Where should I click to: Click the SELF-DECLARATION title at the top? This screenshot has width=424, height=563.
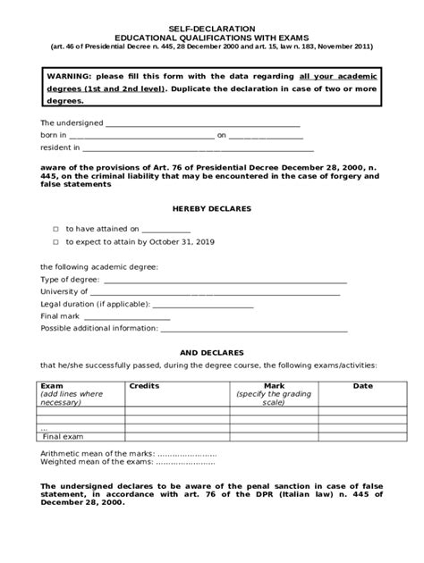212,29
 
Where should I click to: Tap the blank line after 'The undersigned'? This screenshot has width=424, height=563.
203,124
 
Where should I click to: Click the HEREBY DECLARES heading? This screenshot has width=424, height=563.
211,208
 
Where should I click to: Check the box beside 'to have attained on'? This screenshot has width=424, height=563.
55,229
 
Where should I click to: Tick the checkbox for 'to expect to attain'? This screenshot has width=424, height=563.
55,242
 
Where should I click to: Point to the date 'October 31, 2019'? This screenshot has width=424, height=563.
183,242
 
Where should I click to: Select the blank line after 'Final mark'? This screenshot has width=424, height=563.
127,316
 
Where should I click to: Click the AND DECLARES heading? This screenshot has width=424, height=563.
211,353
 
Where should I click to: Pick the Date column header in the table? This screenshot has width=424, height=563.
362,385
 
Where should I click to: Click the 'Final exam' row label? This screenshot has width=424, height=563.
64,437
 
